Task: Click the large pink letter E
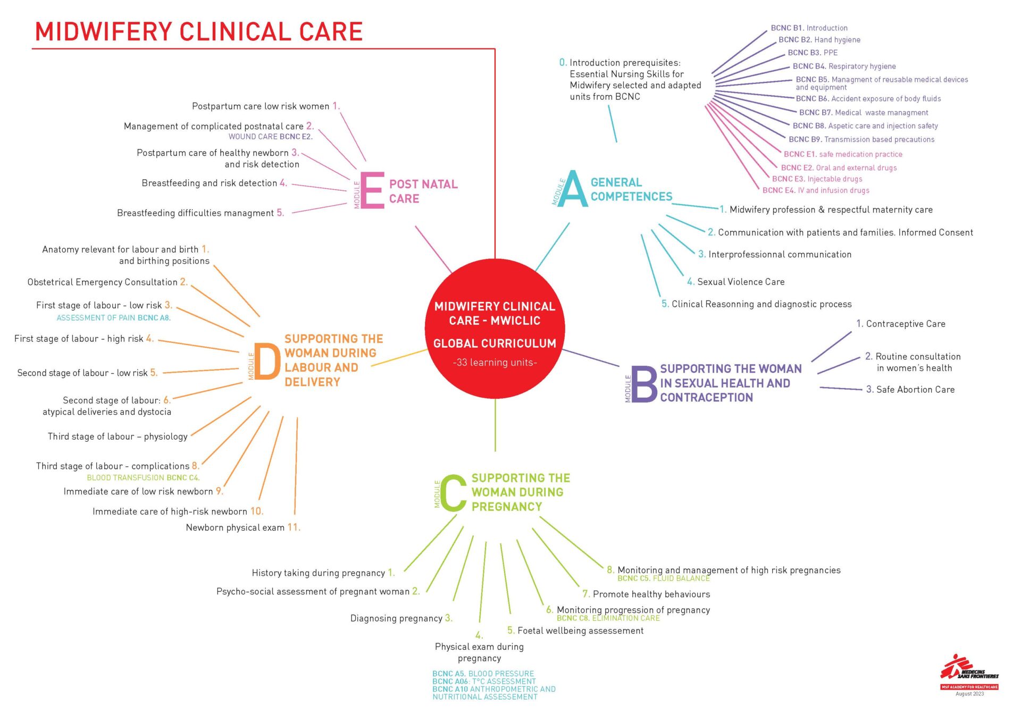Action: point(372,190)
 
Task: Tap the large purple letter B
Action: point(644,384)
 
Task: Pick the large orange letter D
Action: point(267,362)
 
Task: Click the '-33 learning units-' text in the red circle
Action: point(495,363)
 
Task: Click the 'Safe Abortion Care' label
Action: point(910,390)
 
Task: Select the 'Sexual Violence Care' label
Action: point(735,282)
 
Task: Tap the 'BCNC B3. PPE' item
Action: point(813,53)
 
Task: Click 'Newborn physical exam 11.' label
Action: point(243,527)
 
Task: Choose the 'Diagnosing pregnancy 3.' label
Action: point(401,618)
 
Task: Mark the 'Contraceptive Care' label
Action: point(901,324)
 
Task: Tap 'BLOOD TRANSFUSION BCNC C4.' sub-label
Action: point(144,478)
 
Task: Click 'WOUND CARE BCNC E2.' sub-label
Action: point(271,137)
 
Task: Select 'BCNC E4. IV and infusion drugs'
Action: point(816,190)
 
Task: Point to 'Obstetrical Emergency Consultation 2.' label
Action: point(108,282)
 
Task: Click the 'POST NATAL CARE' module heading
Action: point(423,191)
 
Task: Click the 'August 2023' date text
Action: point(969,694)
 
